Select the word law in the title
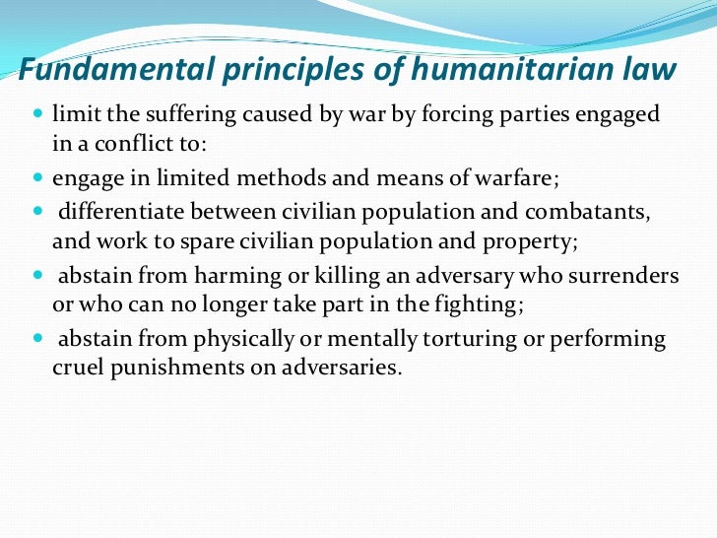tap(653, 70)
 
